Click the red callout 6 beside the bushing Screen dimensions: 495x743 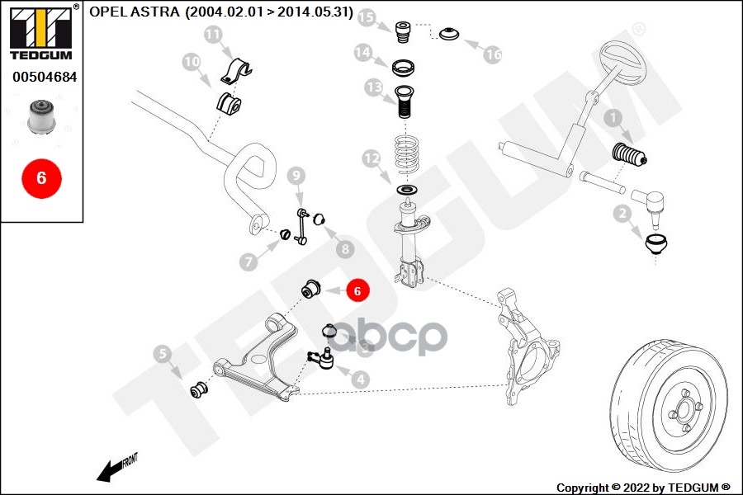coord(357,290)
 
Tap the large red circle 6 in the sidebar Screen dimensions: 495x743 coord(41,177)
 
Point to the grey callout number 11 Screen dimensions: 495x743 coord(213,35)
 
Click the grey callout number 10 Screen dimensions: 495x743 coord(192,61)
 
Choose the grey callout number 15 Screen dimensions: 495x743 coord(366,17)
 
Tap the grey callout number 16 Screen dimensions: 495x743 coord(493,54)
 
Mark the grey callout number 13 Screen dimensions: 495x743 coord(373,87)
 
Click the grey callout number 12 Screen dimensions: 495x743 coord(371,157)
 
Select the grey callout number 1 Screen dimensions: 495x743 coord(613,119)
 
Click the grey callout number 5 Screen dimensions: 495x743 coord(163,355)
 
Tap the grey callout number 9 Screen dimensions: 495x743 coord(296,175)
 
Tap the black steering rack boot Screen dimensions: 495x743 coord(629,156)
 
